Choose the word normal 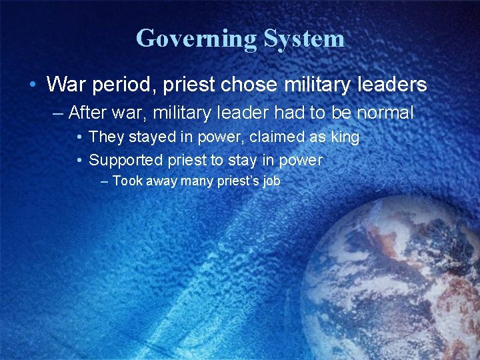(x=383, y=113)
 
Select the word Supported (x=126, y=160)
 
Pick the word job (x=271, y=181)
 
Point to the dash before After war (x=59, y=113)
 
